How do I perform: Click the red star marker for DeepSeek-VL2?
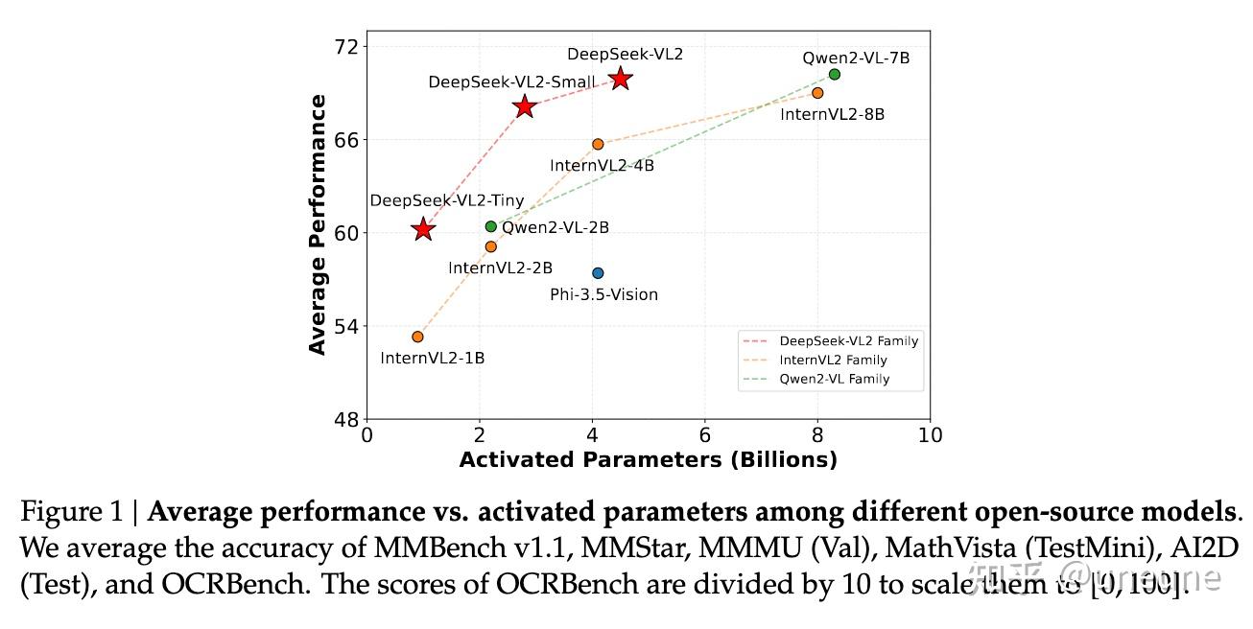tap(621, 79)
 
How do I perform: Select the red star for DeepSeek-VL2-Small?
tap(524, 106)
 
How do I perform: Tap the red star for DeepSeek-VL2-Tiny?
tap(423, 229)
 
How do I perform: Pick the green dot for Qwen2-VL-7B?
tap(834, 75)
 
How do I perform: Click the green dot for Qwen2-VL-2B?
tap(491, 226)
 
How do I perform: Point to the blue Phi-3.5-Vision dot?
tap(598, 273)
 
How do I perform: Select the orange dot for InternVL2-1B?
tap(417, 337)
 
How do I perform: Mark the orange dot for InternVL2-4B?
tap(598, 144)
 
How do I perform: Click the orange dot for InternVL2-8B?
tap(817, 93)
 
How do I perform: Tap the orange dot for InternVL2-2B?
tap(491, 246)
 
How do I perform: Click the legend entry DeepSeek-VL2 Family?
tap(848, 340)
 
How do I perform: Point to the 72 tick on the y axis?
tap(347, 47)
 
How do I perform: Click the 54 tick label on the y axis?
tap(347, 326)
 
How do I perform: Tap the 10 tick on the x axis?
tap(930, 435)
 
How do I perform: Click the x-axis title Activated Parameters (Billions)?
tap(648, 460)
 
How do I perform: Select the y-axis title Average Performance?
tap(318, 225)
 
